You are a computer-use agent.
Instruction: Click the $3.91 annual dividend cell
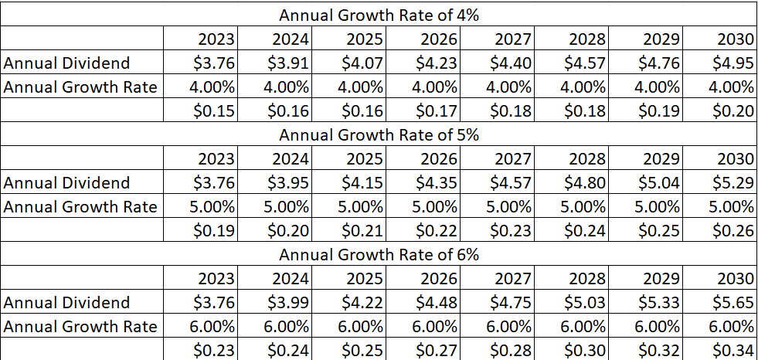coord(288,63)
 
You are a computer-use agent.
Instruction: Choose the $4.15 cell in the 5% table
coord(362,183)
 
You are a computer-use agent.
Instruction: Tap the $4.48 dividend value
coord(437,302)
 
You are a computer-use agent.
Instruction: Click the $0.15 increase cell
coord(214,111)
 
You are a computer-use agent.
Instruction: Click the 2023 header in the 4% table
coord(217,39)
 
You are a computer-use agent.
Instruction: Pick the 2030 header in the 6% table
coord(735,278)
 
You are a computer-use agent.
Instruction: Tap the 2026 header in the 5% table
coord(439,159)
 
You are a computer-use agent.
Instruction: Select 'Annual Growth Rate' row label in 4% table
coord(80,87)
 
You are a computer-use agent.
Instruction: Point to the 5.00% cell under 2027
coord(508,207)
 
